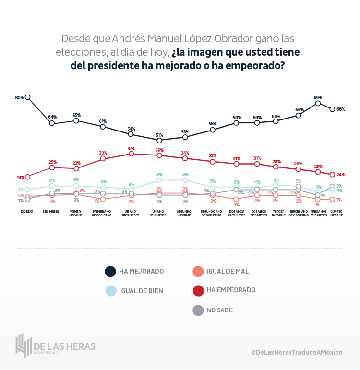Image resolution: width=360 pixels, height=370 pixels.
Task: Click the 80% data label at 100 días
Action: pos(20,97)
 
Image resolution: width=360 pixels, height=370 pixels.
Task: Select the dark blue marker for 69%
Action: pos(318,103)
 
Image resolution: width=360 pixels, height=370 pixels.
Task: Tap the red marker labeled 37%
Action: pos(131,154)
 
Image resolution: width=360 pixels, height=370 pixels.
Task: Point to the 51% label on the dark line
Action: pos(159,135)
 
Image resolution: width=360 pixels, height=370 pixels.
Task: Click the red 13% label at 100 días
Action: pos(20,178)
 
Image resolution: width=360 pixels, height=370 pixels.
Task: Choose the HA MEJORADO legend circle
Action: pos(110,272)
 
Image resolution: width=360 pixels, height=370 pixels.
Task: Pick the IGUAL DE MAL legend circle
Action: pos(197,272)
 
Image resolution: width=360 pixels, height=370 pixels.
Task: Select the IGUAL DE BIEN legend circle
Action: pos(110,291)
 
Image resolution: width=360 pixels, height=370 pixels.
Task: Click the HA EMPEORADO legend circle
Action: pos(197,290)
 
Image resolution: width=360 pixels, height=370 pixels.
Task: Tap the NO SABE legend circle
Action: pos(197,310)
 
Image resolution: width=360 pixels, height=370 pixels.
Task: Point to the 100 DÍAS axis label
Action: pos(27,211)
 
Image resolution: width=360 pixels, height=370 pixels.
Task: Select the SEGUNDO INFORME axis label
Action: pos(185,213)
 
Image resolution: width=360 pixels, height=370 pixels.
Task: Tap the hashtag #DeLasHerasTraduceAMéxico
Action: pos(297,352)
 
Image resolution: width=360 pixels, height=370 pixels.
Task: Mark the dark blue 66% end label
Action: pos(341,109)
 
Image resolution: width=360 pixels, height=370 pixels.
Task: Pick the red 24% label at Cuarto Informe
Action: pos(341,174)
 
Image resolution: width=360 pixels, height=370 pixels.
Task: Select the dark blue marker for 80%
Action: pos(27,97)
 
